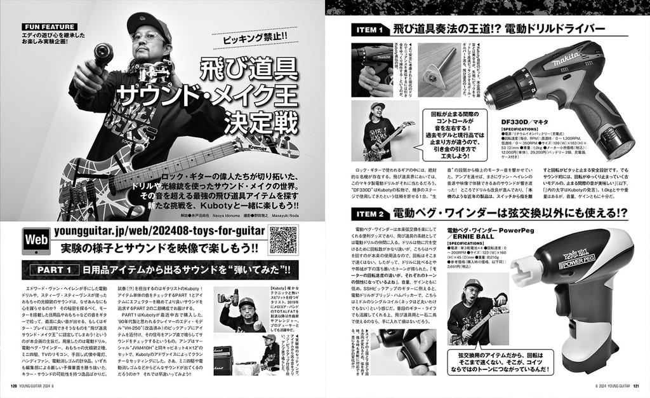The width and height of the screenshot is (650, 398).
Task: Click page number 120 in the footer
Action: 13,384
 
